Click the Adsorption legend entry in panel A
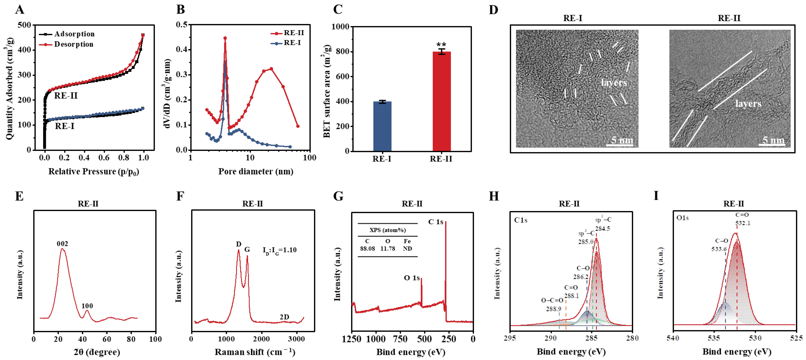tap(74, 34)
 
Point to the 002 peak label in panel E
tap(62, 244)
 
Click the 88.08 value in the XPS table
tap(367, 248)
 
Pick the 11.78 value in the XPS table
tap(388, 248)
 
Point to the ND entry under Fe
tap(407, 248)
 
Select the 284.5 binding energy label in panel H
tap(602, 229)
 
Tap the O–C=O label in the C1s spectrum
tap(552, 300)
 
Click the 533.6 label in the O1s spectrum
tap(719, 249)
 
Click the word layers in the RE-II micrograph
tap(748, 103)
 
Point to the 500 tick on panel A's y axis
tap(24, 25)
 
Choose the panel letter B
tap(180, 9)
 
